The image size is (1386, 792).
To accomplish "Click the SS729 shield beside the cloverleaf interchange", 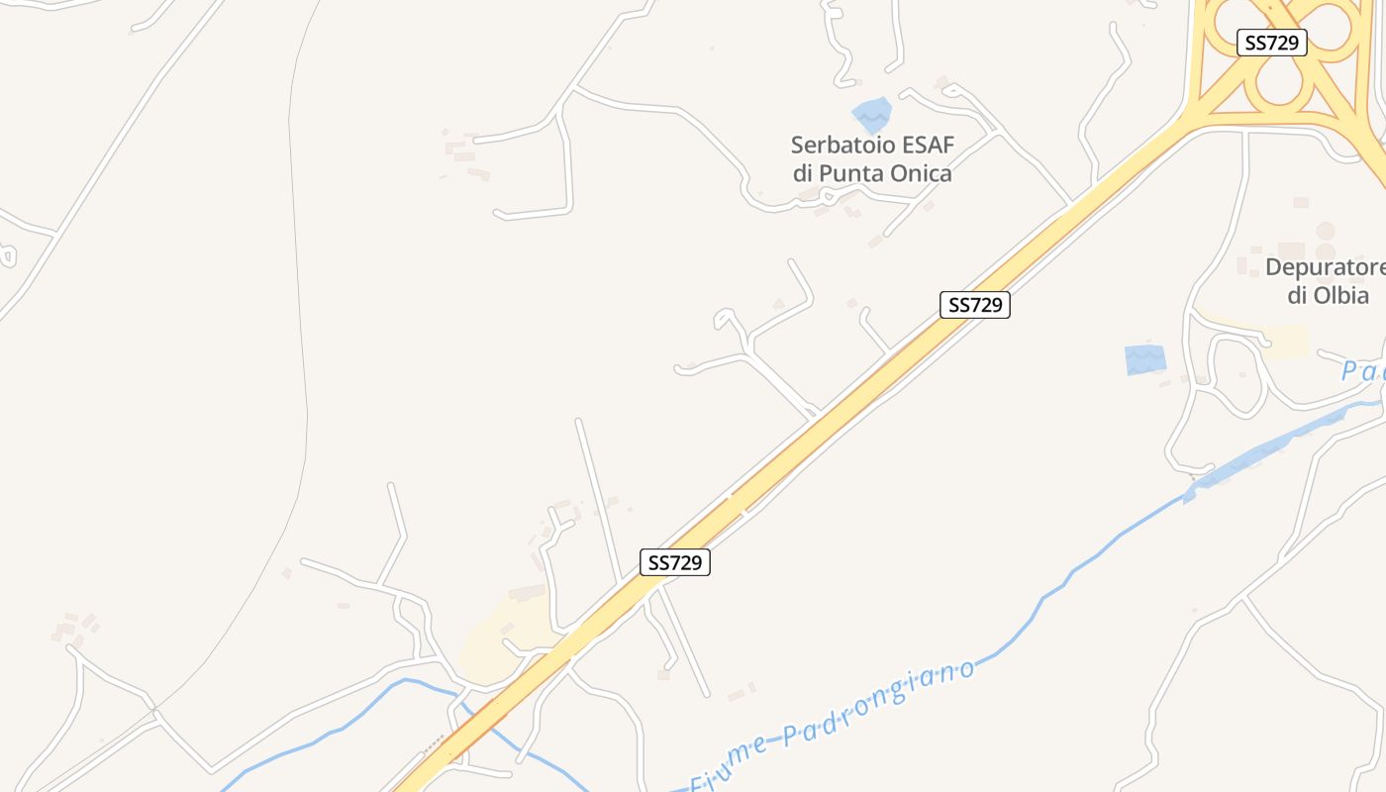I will pyautogui.click(x=1272, y=43).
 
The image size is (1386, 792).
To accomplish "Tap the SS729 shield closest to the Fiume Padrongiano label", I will pyautogui.click(x=675, y=562).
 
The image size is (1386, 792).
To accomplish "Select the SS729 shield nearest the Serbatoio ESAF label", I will pyautogui.click(x=975, y=305).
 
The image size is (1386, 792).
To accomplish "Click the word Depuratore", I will pyautogui.click(x=1324, y=267).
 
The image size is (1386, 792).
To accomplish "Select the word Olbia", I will pyautogui.click(x=1342, y=295).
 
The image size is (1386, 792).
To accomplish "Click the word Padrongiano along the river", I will pyautogui.click(x=879, y=703).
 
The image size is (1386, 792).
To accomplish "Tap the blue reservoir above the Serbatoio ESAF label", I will pyautogui.click(x=871, y=115).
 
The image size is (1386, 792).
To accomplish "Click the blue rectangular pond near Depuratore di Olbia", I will pyautogui.click(x=1145, y=359).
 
